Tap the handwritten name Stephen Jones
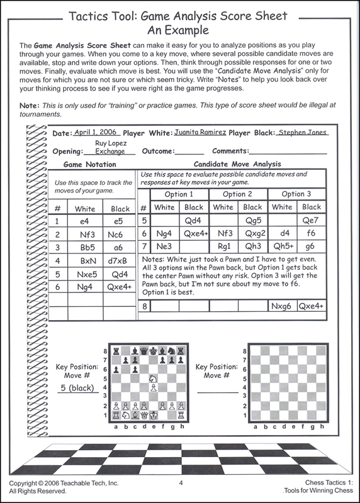tap(303, 133)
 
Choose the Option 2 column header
tap(237, 194)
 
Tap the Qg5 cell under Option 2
tap(252, 221)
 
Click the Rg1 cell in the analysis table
tap(223, 247)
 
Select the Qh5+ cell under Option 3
tap(282, 247)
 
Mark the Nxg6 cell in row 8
tap(282, 307)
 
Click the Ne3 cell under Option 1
tap(165, 247)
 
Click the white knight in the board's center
tap(152, 379)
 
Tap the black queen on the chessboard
tap(145, 351)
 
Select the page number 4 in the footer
tap(181, 483)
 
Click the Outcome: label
tap(159, 151)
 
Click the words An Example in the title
tap(180, 30)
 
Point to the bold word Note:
tap(30, 105)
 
